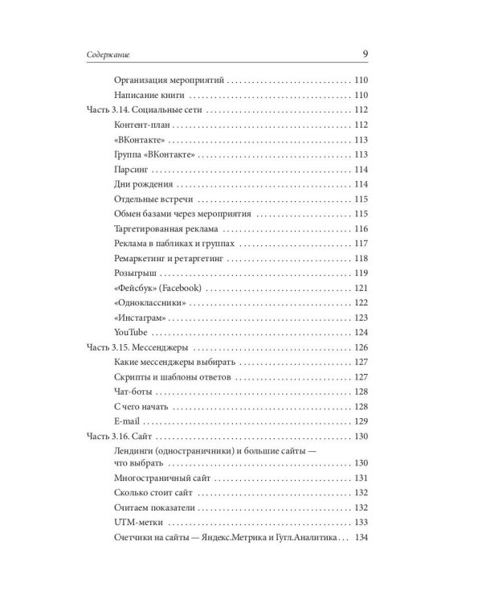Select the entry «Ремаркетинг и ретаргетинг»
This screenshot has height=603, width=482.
click(169, 258)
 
